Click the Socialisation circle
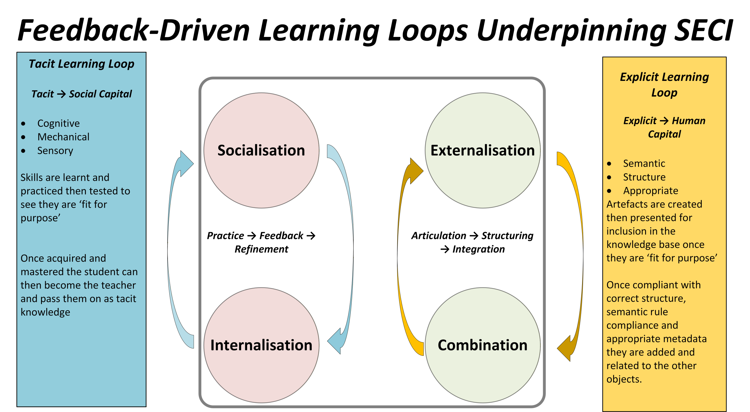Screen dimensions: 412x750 click(x=261, y=150)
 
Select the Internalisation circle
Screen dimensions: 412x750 click(x=261, y=345)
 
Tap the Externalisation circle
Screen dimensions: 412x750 click(x=483, y=150)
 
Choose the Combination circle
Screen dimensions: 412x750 click(x=483, y=345)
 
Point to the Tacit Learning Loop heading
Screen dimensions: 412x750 click(x=81, y=64)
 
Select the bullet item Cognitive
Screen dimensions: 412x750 click(x=59, y=123)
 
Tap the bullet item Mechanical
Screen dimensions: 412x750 click(x=63, y=137)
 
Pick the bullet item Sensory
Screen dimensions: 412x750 click(x=55, y=151)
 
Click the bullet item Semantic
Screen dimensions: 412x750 click(x=644, y=163)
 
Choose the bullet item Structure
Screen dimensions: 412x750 click(x=644, y=177)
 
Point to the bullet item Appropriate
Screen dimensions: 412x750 click(x=650, y=191)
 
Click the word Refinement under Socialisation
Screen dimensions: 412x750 click(x=261, y=249)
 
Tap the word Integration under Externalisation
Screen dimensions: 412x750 click(x=478, y=249)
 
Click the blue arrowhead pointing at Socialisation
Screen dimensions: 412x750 click(x=186, y=164)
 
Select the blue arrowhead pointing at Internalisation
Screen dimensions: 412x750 click(x=335, y=341)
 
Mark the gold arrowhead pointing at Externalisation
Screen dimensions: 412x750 click(x=416, y=171)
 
